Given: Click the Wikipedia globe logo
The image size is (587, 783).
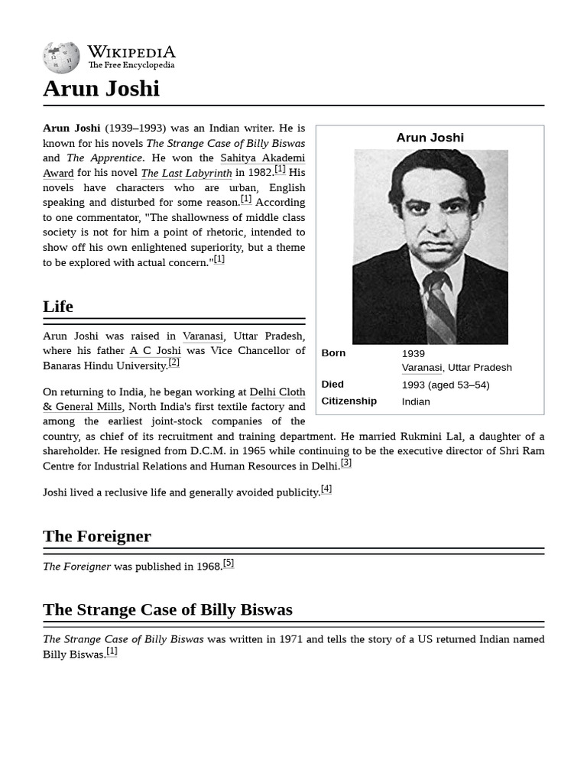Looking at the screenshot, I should coord(61,57).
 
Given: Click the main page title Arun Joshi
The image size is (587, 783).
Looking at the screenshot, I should coord(101,89).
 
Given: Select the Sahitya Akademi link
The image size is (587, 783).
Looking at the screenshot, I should coord(262,158).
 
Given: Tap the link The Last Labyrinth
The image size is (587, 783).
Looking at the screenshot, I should coord(186,174).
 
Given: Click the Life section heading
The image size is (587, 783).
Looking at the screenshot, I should coord(58,307).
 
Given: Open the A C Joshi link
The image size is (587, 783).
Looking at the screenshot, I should coord(155,351).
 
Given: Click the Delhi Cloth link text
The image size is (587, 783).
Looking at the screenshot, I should coord(277,392).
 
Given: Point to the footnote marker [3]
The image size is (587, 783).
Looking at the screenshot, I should coord(346,463).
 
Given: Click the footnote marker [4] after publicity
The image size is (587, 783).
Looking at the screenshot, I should coord(326,489).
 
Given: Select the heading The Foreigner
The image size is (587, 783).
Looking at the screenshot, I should coord(97,536).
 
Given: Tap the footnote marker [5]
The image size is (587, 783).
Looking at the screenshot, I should coord(229,564).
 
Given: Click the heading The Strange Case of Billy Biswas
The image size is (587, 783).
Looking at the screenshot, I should coord(167,609).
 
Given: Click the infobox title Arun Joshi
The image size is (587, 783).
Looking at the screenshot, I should coord(430,138).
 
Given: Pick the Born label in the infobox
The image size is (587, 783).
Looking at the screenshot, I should coord(333,353).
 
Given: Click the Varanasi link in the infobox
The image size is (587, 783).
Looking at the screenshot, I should coord(421,368).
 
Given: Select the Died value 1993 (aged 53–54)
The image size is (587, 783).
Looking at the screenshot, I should coord(446,385).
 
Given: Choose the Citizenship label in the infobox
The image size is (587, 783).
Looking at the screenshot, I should coord(349,401).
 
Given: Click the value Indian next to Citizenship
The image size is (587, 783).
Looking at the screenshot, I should coord(416,401).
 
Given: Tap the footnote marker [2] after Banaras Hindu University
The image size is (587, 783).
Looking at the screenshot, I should coord(174,362).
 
